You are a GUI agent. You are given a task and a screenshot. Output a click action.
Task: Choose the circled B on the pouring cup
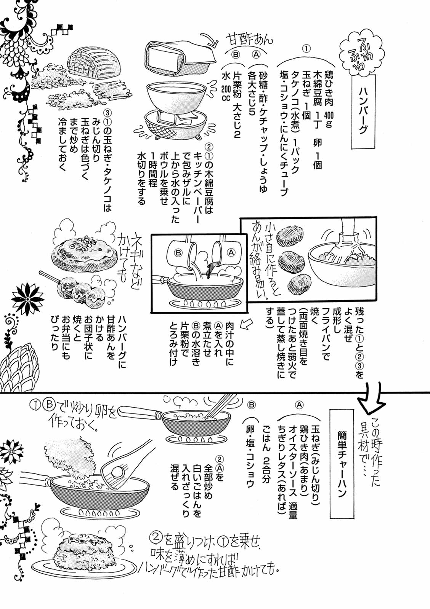178,252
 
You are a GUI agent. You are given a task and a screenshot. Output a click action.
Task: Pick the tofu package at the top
179,57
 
